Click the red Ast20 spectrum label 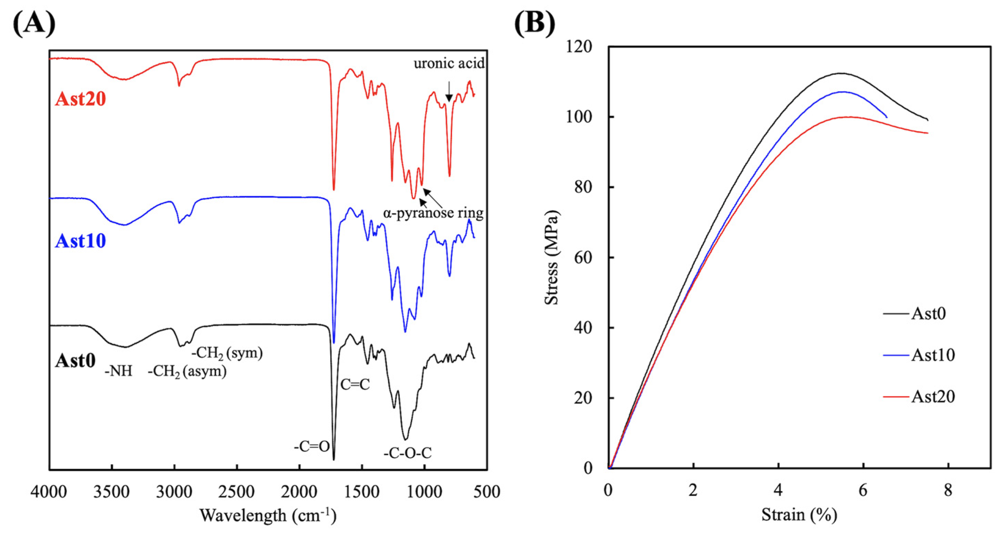coord(80,99)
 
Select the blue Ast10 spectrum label coord(80,241)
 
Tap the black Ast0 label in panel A coord(75,360)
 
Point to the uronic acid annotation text coord(449,63)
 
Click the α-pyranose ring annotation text coord(433,213)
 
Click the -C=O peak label coord(312,446)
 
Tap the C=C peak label coord(355,385)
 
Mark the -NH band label coord(118,371)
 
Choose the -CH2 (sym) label coord(227,353)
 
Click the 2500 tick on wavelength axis coord(237,491)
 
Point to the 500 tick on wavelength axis coord(487,491)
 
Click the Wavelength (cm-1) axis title coord(268,516)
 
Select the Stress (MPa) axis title coord(552,257)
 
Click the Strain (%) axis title coord(799,515)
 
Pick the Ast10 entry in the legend coord(933,355)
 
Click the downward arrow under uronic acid coord(449,92)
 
